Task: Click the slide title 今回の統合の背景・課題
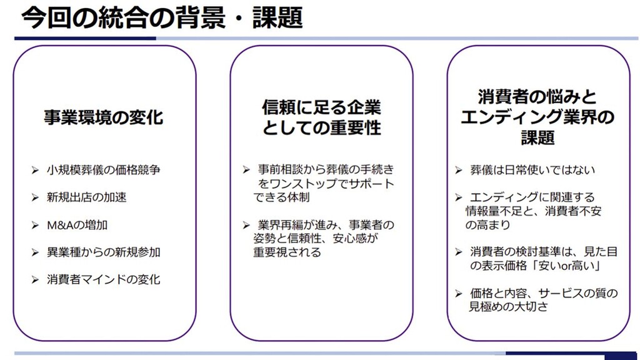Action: coord(162,17)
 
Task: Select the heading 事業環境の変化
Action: coord(104,117)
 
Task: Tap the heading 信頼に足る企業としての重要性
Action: coord(322,117)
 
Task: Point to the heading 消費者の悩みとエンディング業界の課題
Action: coord(537,117)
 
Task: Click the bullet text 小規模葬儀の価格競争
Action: coord(103,170)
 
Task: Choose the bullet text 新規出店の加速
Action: coord(86,197)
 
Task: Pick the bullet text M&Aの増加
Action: coord(77,225)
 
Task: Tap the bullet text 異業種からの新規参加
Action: coord(103,252)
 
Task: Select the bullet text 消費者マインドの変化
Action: coord(103,279)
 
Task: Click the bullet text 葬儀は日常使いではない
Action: coord(532,170)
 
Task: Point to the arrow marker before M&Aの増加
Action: coord(35,225)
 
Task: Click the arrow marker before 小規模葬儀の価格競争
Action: coord(35,170)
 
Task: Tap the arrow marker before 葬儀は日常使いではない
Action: coord(459,170)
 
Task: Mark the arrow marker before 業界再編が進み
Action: coord(246,225)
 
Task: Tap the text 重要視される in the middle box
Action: coord(287,252)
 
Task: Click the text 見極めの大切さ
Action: coord(508,306)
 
